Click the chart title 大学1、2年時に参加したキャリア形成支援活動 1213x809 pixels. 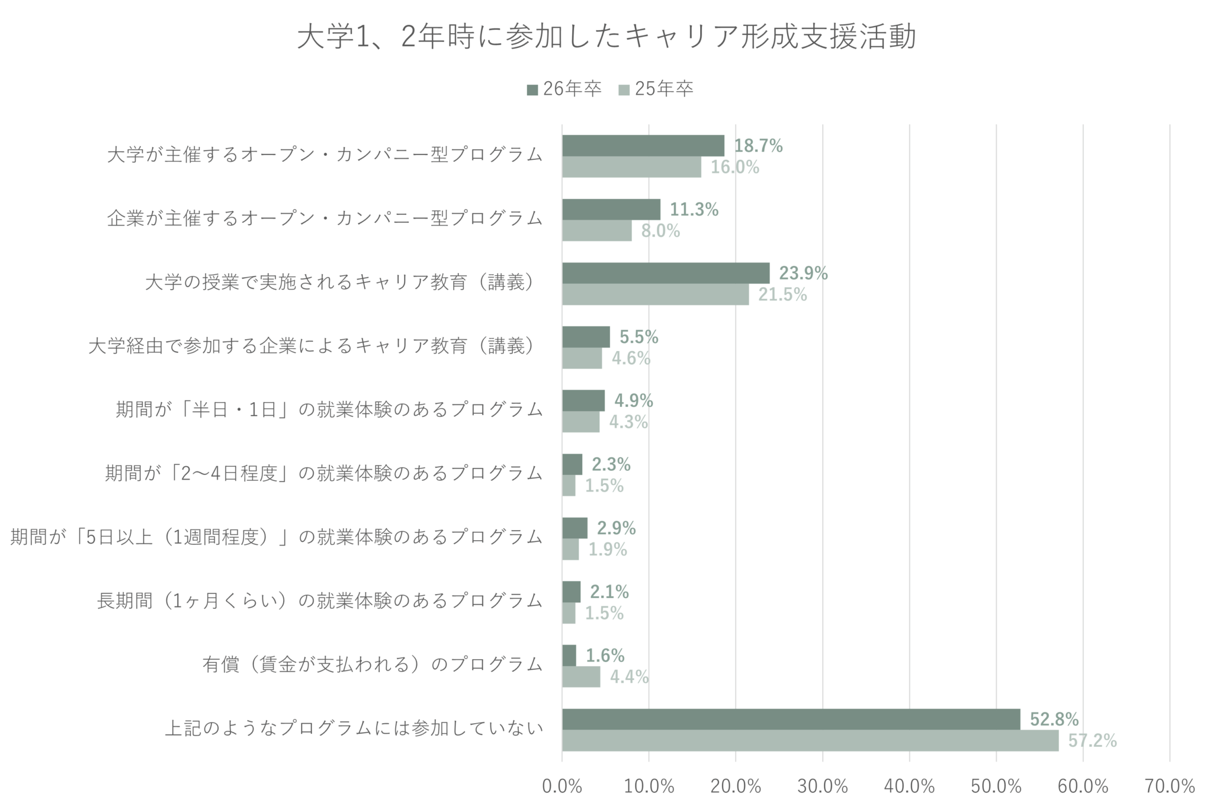[606, 37]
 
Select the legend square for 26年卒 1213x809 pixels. [532, 90]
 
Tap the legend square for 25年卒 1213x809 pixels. [624, 90]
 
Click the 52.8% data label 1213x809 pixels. [1054, 719]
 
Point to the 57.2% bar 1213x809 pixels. [810, 740]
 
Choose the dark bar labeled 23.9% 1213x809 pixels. [665, 273]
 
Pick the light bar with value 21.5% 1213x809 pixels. [655, 294]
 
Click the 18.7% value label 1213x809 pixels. [758, 146]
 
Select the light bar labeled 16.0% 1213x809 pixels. [631, 167]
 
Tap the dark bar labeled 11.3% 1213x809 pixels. [611, 209]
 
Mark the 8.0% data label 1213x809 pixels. [660, 230]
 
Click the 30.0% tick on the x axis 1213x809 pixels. [822, 786]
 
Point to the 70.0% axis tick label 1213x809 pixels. [1169, 786]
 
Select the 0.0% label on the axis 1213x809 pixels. [561, 786]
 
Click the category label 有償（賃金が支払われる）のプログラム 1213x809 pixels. [373, 664]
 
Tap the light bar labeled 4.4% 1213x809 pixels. [581, 676]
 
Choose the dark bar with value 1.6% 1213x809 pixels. [569, 655]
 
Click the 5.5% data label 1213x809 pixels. [638, 337]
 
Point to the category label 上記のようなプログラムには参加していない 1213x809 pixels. [354, 728]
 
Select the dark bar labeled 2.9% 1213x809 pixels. [575, 528]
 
